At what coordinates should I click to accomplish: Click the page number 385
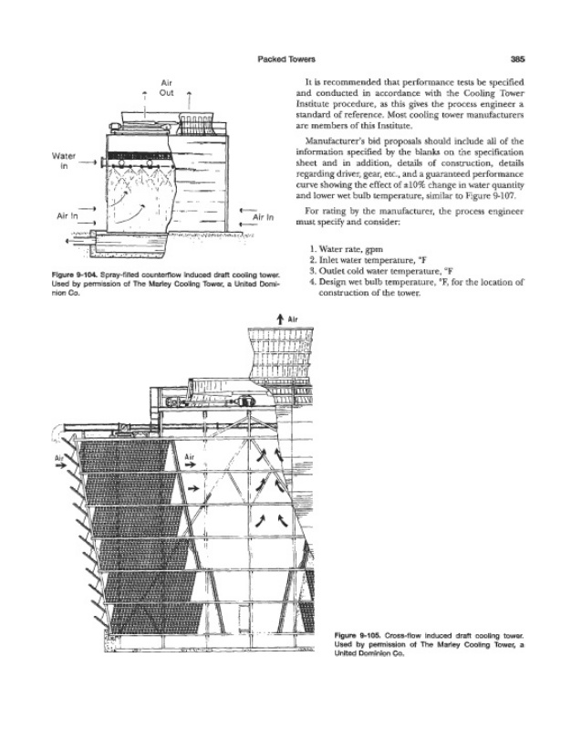(518, 56)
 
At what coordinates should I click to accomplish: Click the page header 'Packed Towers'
(285, 56)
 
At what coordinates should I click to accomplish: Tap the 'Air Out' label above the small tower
(166, 88)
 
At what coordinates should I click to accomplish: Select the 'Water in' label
(64, 160)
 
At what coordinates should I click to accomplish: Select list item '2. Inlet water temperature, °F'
(379, 259)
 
